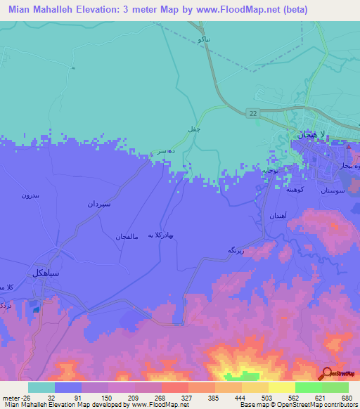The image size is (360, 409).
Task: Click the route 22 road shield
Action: tap(252, 112)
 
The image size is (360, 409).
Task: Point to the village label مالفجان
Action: tap(129, 236)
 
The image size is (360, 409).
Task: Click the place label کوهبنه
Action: tap(295, 189)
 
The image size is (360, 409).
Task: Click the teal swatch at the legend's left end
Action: tap(41, 387)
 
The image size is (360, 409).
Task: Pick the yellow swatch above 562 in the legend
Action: tap(281, 387)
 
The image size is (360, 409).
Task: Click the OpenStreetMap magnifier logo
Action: tap(326, 373)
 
